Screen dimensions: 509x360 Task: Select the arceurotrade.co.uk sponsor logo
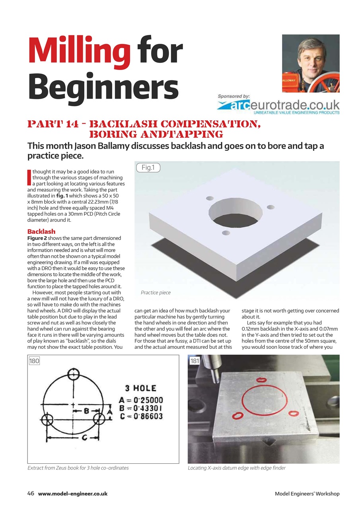(278, 105)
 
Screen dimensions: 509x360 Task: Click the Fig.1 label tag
(148, 168)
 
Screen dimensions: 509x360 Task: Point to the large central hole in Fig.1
(236, 213)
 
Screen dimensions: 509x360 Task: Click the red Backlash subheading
(41, 231)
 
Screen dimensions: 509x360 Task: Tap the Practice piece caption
(156, 293)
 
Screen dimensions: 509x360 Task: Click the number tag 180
(34, 361)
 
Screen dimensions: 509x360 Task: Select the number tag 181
(195, 361)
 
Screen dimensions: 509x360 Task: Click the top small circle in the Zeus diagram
(73, 374)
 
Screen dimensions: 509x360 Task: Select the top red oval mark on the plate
(262, 380)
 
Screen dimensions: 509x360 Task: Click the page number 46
(31, 493)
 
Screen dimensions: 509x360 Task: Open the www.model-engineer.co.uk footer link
(73, 493)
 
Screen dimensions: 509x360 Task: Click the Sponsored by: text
(234, 96)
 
